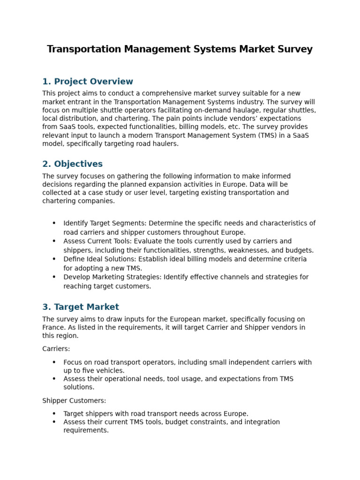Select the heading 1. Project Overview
coord(88,82)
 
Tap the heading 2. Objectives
coord(72,164)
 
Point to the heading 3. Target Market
coord(81,307)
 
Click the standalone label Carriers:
coord(56,349)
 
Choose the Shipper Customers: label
coord(74,401)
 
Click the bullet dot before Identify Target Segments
coord(54,224)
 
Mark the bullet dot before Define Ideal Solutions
coord(54,259)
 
